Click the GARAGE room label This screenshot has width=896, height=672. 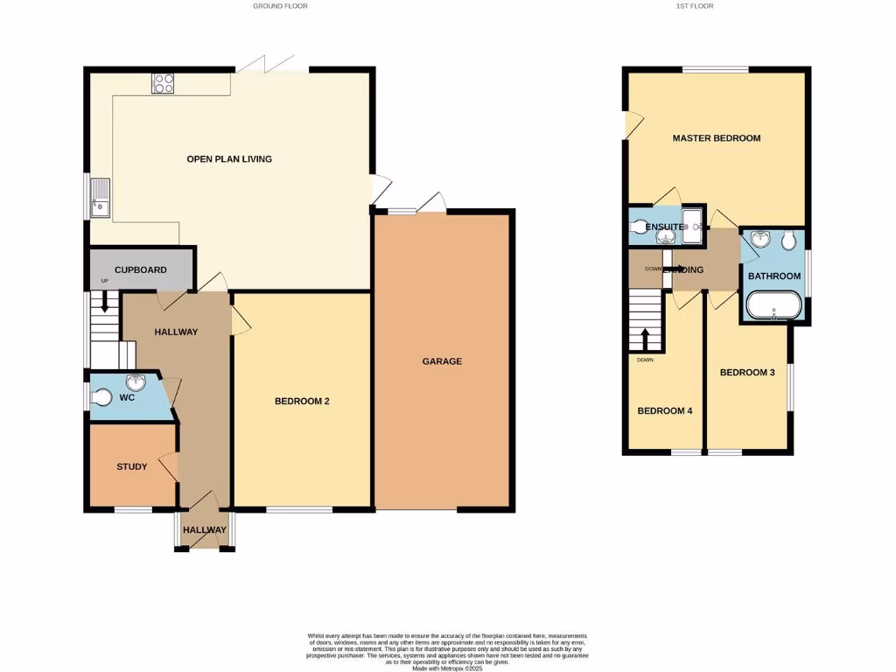point(442,361)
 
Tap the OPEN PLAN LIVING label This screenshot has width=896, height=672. point(229,159)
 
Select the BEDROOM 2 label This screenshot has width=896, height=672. point(302,402)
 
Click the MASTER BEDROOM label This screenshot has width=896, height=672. point(716,138)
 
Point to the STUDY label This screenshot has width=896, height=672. point(132,466)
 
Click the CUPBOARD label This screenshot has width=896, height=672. point(140,270)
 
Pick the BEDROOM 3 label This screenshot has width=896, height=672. point(747,372)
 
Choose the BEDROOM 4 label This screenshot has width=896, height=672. point(665,410)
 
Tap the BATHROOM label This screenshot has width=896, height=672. point(773,276)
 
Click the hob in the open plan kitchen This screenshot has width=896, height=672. point(164,83)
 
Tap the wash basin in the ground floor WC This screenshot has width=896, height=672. point(136,382)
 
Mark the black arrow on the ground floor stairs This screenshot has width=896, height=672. point(105,302)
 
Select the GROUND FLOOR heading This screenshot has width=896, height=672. point(280,5)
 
